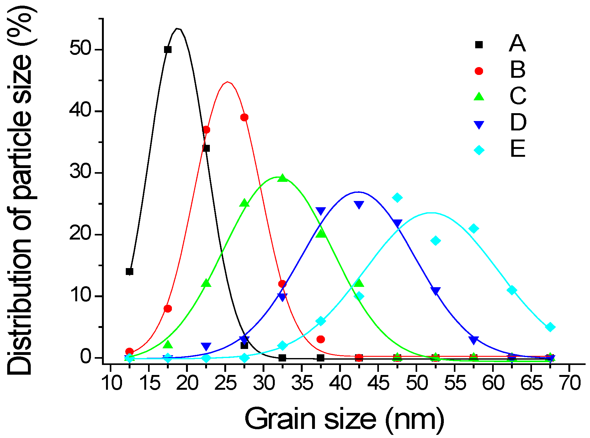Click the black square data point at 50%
168,50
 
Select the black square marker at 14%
130,272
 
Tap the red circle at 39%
244,118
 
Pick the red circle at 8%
168,309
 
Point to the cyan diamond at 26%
397,198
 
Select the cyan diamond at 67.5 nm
550,327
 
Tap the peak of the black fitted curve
178,29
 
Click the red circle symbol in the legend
479,71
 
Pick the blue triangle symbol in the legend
479,125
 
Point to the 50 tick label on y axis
80,49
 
